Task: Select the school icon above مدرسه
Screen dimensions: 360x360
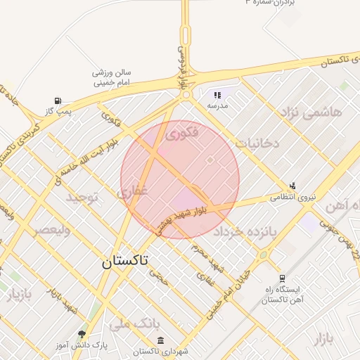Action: (x=217, y=95)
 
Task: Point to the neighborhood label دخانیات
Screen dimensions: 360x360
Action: (x=257, y=143)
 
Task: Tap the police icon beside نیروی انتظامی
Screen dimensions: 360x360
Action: (x=292, y=186)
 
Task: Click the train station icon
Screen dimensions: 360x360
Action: (x=282, y=278)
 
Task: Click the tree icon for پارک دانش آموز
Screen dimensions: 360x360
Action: (x=82, y=334)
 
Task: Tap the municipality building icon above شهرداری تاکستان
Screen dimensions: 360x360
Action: (x=161, y=341)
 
